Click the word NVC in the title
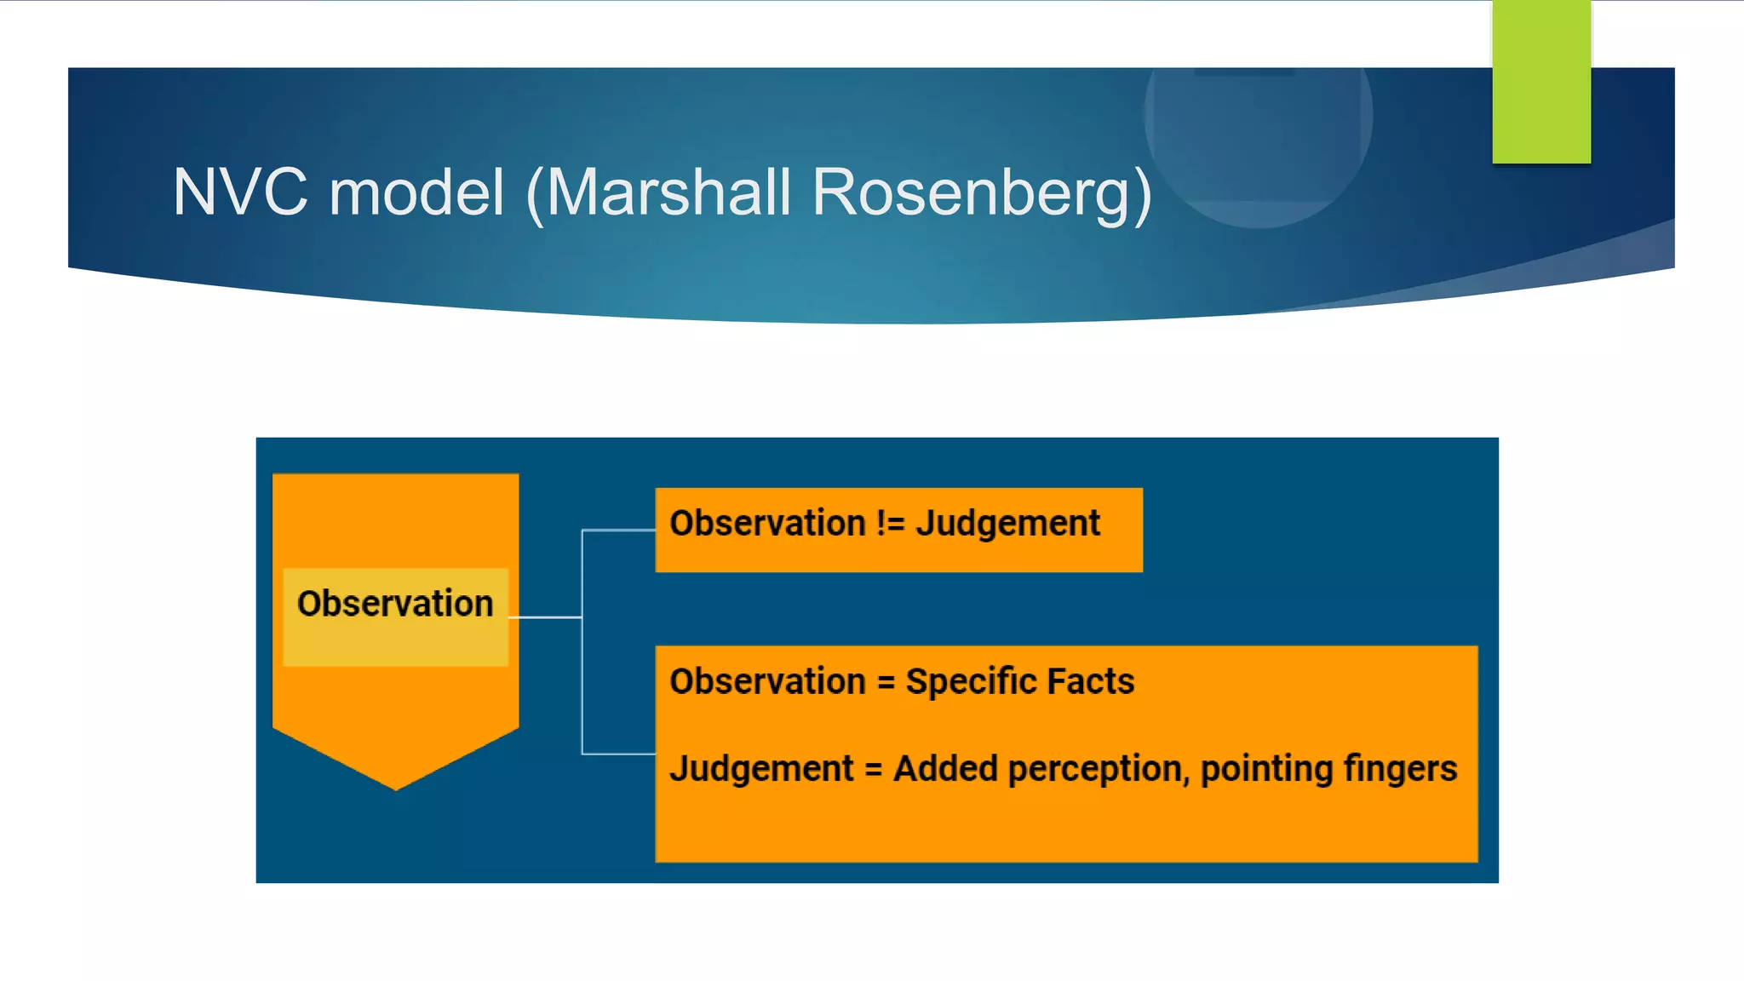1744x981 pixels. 240,192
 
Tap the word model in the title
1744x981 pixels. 417,192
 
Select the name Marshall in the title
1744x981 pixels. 669,192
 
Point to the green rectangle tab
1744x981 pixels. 1540,81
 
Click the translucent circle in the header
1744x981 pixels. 1259,128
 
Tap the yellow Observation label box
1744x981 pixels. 395,617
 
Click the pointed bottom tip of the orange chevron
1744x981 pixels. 396,785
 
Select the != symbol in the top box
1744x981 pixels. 890,524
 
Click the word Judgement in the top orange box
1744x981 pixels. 1007,524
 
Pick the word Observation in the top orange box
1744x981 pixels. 767,524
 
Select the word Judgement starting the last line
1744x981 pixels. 761,769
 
